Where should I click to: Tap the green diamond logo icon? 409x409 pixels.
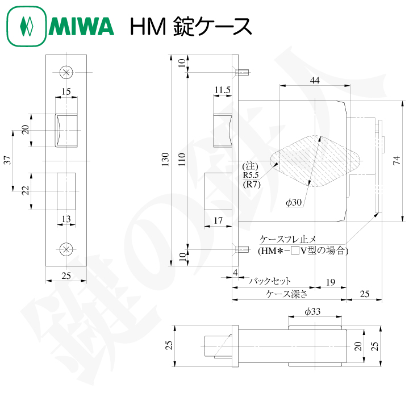(x=26, y=27)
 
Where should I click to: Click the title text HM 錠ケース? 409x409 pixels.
(x=190, y=27)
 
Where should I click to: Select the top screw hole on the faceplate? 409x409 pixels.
(x=66, y=72)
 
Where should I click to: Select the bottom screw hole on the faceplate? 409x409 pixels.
(x=66, y=249)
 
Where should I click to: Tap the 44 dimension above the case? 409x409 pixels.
(x=314, y=81)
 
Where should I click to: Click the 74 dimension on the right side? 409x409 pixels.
(x=396, y=161)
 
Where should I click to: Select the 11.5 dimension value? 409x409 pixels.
(x=222, y=90)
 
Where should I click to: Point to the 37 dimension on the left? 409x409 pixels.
(x=7, y=161)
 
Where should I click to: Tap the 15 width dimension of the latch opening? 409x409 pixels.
(x=66, y=91)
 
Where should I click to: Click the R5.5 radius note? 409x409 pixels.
(x=251, y=175)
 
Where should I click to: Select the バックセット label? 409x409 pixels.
(x=270, y=281)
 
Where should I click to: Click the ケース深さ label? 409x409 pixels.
(x=287, y=294)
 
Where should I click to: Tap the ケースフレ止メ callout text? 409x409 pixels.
(x=292, y=239)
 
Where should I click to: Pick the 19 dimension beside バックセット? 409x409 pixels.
(x=330, y=281)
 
